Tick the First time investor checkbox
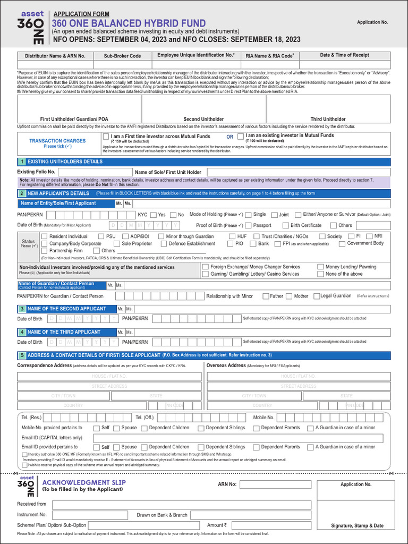click(x=106, y=137)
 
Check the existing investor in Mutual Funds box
click(x=241, y=137)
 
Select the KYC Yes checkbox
click(x=154, y=215)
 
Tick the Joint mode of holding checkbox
click(x=274, y=215)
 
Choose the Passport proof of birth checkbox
click(x=248, y=225)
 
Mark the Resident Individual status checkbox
click(x=44, y=236)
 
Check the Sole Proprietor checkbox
click(x=116, y=244)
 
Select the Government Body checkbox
click(x=342, y=244)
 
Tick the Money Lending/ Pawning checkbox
click(x=320, y=267)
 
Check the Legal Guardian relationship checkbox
click(x=316, y=296)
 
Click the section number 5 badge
click(x=22, y=355)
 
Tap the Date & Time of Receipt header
click(x=344, y=55)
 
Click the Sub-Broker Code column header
click(x=122, y=56)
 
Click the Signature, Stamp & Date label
click(x=357, y=525)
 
